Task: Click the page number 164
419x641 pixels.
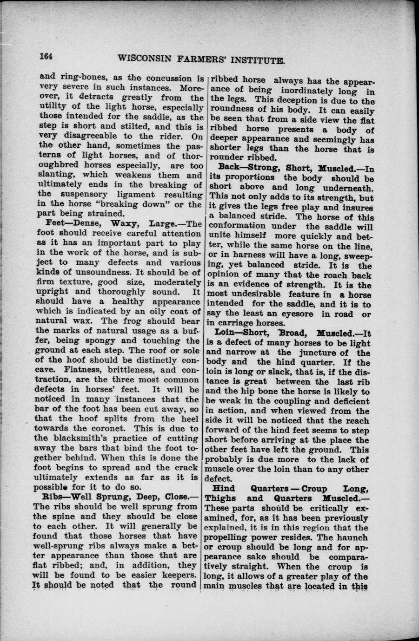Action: click(46, 56)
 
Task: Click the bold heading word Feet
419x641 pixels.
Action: click(47, 224)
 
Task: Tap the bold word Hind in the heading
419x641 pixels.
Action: click(224, 488)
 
